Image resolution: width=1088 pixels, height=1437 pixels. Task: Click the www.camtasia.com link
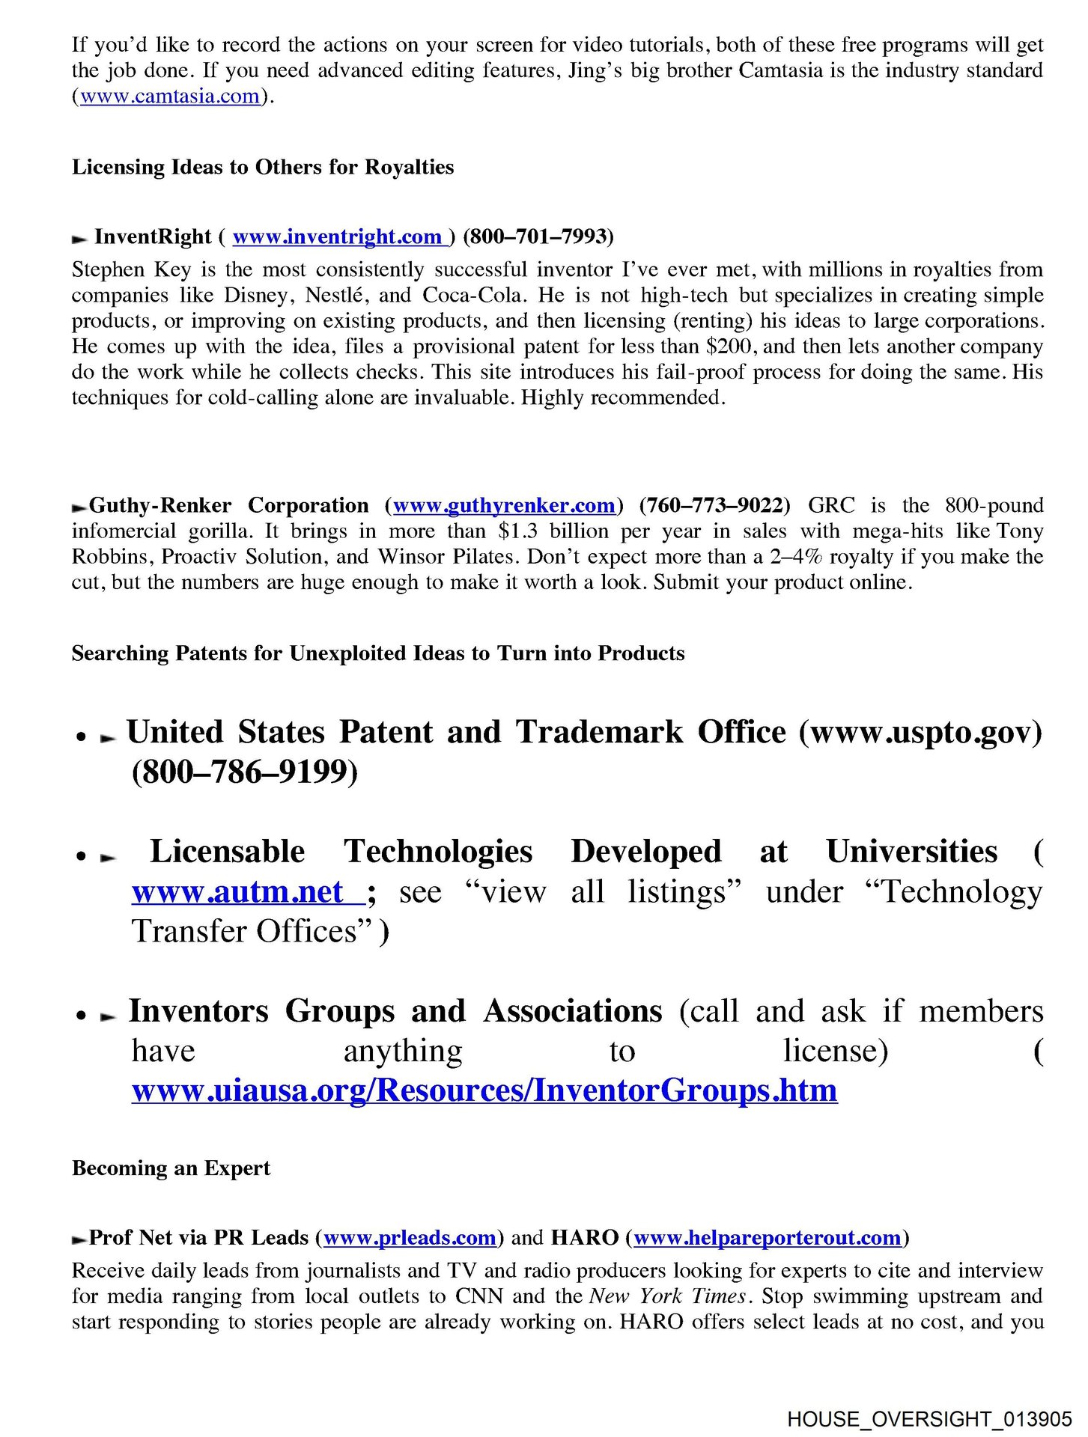tap(170, 97)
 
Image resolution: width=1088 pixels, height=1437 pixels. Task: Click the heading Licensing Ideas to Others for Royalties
tap(263, 167)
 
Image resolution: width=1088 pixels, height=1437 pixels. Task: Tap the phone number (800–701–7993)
tap(538, 237)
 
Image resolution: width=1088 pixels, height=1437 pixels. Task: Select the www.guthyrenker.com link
tap(504, 506)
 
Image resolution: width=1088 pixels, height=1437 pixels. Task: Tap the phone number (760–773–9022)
tap(715, 506)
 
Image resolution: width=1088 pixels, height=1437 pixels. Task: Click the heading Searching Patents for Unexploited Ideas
tap(378, 653)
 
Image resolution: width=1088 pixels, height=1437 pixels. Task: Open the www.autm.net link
tap(247, 892)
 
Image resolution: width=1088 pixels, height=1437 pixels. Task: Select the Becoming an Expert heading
tap(171, 1168)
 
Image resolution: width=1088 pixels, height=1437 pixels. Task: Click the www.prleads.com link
tap(410, 1238)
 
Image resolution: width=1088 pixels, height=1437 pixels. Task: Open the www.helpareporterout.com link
tap(767, 1238)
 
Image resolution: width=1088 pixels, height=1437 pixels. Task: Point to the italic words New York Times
tap(668, 1296)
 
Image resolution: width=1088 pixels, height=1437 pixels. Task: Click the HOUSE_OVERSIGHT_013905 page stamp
tap(929, 1419)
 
